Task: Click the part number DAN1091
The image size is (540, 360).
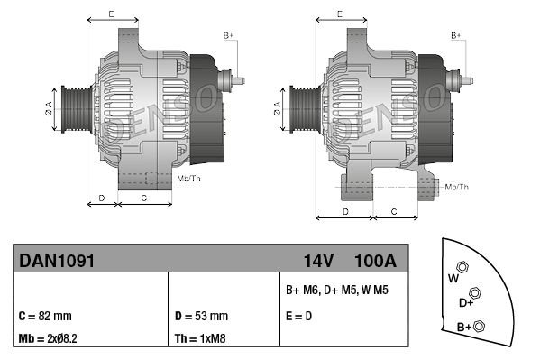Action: tap(56, 261)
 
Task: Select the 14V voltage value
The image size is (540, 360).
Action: tap(318, 261)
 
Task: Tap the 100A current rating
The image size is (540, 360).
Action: tap(376, 261)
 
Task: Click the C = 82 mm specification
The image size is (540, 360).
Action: tap(45, 317)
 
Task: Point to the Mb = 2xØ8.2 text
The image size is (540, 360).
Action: tap(50, 340)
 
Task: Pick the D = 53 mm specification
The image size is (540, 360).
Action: tap(199, 317)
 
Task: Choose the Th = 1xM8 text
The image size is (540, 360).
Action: tap(200, 340)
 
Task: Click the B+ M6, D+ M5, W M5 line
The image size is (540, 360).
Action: tap(337, 291)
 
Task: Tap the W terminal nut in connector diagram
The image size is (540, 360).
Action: tap(462, 266)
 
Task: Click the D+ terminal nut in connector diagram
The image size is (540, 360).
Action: tap(475, 293)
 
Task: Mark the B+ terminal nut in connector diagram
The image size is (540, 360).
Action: tap(479, 326)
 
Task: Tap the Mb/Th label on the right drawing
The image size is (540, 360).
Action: tap(457, 187)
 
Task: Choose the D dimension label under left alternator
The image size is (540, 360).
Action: tap(102, 197)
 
